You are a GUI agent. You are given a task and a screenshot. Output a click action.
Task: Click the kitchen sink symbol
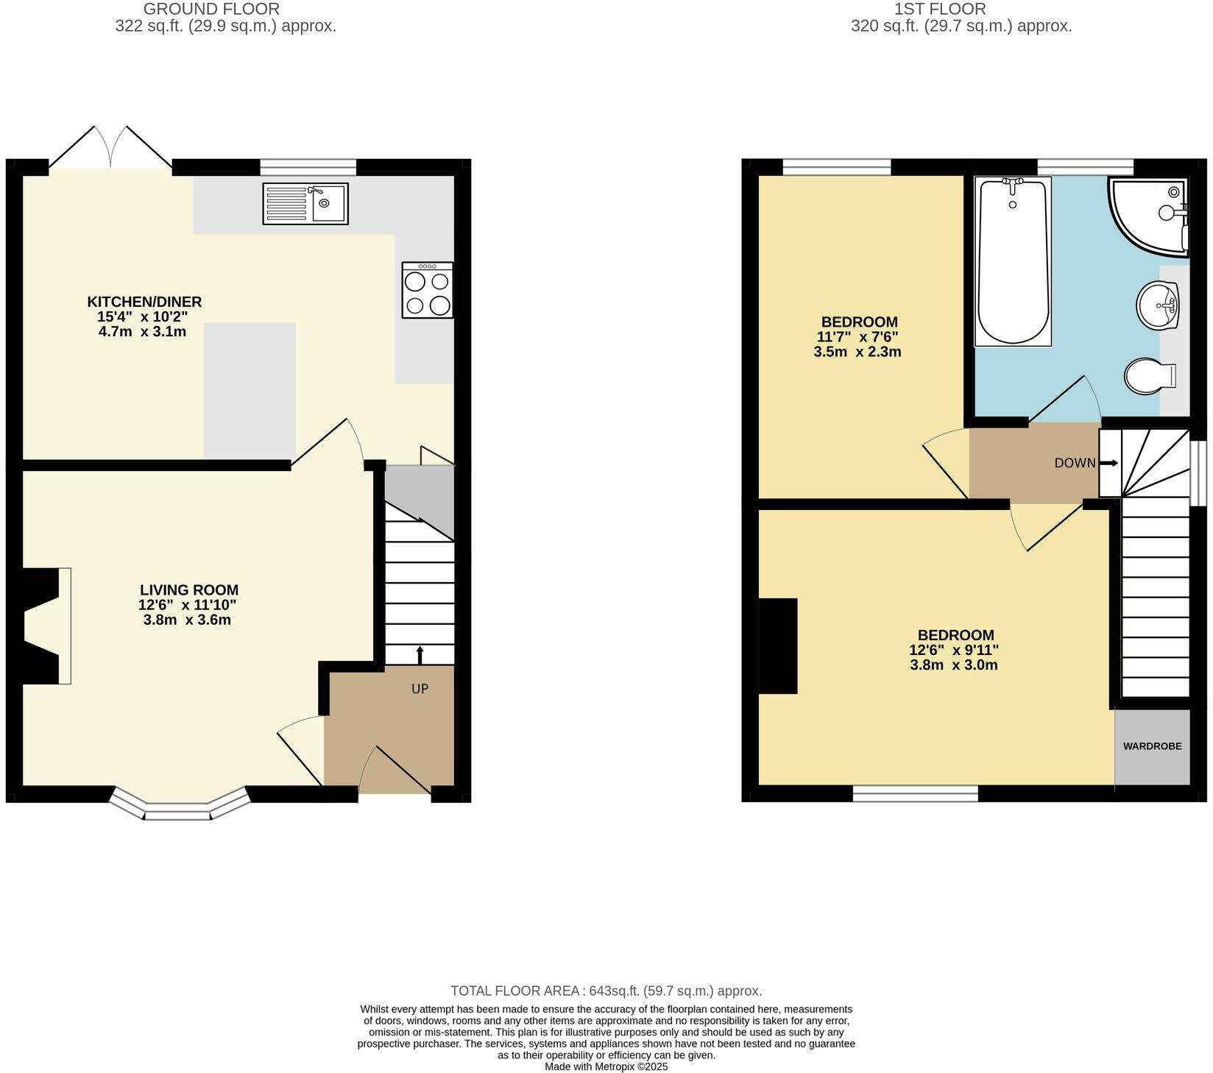coord(305,204)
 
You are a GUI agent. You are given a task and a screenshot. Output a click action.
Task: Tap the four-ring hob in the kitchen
coord(428,291)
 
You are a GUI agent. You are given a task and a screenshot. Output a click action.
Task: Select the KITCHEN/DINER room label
coord(144,302)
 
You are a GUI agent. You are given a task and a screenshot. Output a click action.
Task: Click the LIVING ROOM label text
coord(189,590)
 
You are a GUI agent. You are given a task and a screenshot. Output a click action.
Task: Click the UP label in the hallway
coord(420,690)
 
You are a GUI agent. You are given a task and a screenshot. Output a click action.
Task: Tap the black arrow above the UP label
coord(420,654)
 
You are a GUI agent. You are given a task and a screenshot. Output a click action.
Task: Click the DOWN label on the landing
coord(1075,464)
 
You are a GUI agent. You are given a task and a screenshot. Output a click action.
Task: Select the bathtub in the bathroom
coord(1013,261)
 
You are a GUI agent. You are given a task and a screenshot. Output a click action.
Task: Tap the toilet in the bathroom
coord(1150,377)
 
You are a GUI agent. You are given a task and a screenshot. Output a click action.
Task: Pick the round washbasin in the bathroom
coord(1158,305)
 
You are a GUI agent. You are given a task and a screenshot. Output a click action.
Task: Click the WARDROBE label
coord(1152,746)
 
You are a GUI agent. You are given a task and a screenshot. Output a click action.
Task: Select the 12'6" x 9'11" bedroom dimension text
coord(954,651)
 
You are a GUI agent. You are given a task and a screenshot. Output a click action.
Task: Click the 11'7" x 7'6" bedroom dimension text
coord(857,337)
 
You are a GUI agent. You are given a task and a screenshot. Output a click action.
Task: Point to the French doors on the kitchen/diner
coord(110,147)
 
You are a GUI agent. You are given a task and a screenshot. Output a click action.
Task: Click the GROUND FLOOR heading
coord(211,10)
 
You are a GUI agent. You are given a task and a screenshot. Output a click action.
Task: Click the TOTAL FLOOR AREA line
coord(606,991)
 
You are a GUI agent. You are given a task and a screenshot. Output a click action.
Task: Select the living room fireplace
coord(44,626)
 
